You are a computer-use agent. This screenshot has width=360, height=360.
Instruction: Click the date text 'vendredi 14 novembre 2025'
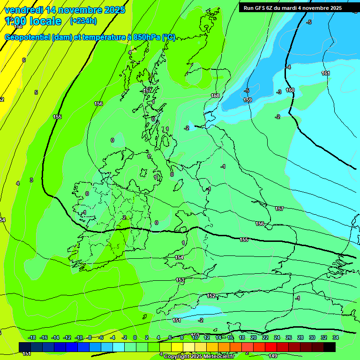click(x=65, y=9)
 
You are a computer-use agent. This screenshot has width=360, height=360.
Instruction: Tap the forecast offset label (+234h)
click(x=83, y=21)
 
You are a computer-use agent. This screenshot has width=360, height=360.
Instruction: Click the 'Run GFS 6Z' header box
click(x=292, y=7)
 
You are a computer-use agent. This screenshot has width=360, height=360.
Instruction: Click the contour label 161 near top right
click(x=326, y=73)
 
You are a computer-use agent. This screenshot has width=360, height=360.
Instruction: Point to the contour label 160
click(x=290, y=90)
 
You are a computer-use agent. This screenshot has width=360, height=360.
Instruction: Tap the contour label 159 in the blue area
click(x=247, y=100)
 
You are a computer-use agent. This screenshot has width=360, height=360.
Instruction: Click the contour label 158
click(x=215, y=96)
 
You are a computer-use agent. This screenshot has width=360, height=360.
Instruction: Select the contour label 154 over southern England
click(x=180, y=257)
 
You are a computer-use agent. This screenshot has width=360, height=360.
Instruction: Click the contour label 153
click(x=180, y=279)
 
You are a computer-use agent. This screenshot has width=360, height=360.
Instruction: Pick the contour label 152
click(x=211, y=296)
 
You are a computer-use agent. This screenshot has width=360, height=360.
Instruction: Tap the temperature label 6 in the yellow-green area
click(x=24, y=60)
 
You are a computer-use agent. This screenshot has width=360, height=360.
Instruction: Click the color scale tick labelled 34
click(x=336, y=337)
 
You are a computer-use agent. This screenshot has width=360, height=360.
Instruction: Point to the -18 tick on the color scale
click(x=32, y=337)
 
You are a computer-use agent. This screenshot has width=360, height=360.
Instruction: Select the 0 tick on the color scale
click(x=135, y=337)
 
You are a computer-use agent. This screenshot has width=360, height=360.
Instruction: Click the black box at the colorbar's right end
click(x=330, y=347)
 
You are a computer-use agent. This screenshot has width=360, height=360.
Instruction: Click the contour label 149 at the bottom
click(x=273, y=355)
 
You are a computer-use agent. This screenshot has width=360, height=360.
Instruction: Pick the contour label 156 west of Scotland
click(x=98, y=104)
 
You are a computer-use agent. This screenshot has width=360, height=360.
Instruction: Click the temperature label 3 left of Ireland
click(x=31, y=180)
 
